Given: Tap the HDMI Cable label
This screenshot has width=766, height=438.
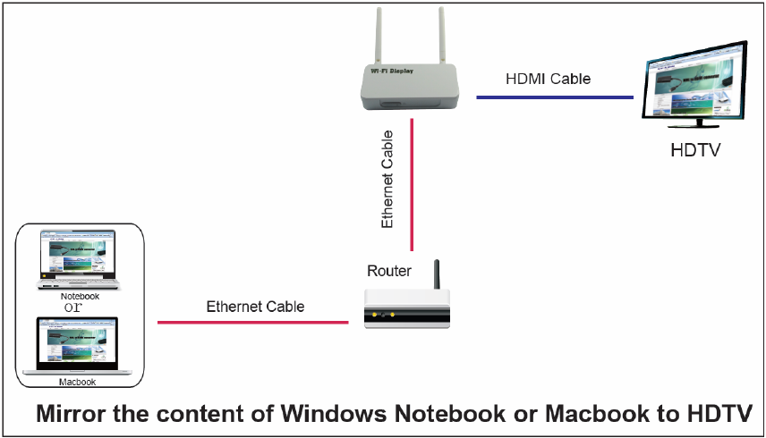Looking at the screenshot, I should point(548,79).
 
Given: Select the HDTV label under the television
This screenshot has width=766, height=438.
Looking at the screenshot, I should point(695,149).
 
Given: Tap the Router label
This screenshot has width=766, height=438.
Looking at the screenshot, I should point(389,271).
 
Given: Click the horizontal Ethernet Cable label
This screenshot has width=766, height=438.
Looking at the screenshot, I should point(255,307).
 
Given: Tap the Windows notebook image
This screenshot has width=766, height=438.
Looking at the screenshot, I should point(80,257).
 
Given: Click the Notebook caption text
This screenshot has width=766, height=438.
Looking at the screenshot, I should point(80,296).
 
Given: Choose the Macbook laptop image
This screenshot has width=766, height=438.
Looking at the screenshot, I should point(78,344).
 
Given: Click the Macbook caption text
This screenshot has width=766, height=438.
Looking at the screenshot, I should point(77,382).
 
